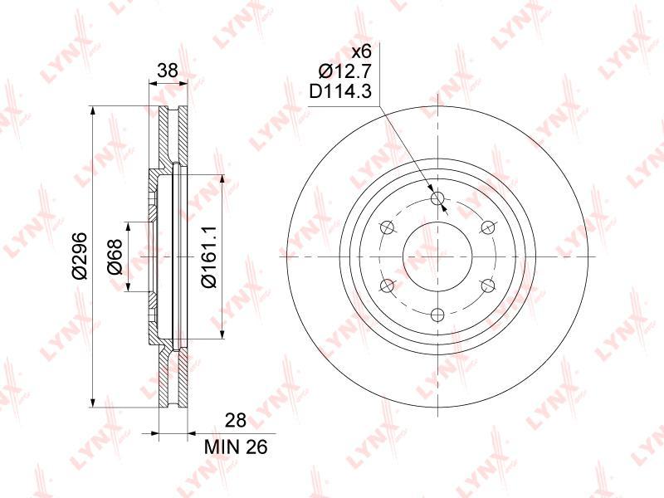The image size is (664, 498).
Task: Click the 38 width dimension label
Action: pos(168,71)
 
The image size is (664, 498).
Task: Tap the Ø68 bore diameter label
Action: pos(115,256)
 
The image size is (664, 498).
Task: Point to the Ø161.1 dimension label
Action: pos(209,256)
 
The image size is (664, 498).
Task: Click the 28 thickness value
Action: pos(236,420)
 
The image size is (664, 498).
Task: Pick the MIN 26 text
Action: pos(236,447)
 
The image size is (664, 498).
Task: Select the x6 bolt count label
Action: pos(362,52)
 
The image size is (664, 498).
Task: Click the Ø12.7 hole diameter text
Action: pos(344,71)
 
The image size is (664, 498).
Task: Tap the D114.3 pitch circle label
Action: pos(340,91)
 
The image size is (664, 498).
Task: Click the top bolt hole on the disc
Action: pos(437,198)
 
